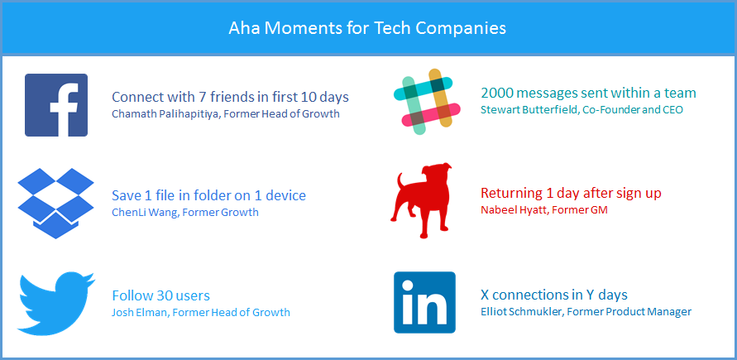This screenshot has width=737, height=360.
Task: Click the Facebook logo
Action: pyautogui.click(x=56, y=105)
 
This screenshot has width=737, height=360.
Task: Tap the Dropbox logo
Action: pyautogui.click(x=56, y=203)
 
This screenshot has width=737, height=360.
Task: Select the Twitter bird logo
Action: pyautogui.click(x=56, y=303)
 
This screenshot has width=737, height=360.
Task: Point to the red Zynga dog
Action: pyautogui.click(x=421, y=200)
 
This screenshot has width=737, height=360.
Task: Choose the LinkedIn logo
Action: pyautogui.click(x=424, y=302)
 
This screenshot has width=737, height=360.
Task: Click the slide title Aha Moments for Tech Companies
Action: pyautogui.click(x=367, y=28)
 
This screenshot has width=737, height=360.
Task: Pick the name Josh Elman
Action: pyautogui.click(x=140, y=313)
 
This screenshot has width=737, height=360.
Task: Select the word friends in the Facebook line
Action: pyautogui.click(x=230, y=98)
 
